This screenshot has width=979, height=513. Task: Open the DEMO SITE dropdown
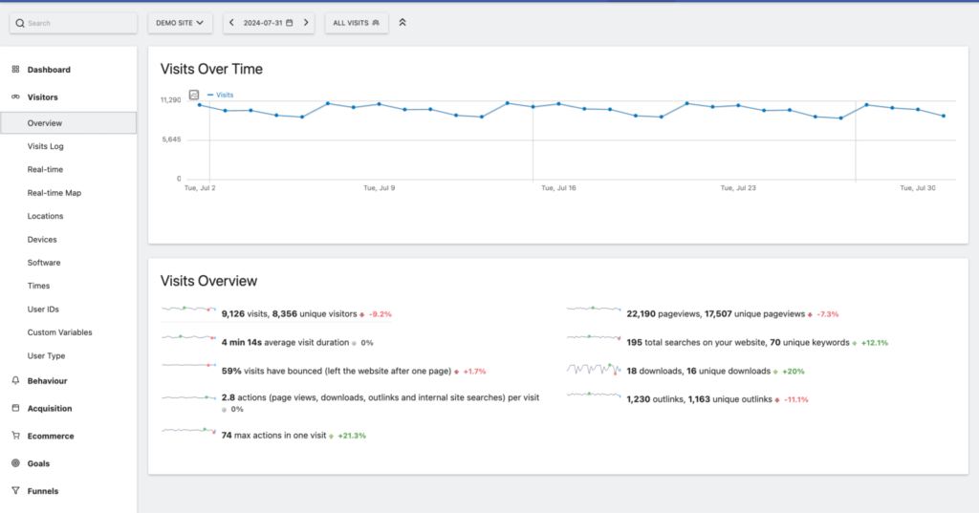click(180, 22)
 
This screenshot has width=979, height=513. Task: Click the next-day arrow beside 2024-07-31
click(305, 22)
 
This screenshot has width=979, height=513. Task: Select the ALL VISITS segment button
click(356, 22)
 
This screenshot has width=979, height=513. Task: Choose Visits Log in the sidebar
click(46, 146)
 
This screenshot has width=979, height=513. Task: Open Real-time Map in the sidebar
click(54, 193)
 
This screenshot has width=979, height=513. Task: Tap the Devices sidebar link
click(42, 240)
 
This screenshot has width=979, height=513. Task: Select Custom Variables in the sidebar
click(60, 332)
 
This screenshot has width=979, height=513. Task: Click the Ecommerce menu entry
click(50, 436)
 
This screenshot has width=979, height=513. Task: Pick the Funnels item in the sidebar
click(42, 491)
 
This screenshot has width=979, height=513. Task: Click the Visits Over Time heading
click(211, 69)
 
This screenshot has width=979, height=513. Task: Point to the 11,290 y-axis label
click(170, 99)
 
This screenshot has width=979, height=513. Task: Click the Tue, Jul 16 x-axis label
click(558, 188)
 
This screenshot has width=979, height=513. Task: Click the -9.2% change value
click(381, 313)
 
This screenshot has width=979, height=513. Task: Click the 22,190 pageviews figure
click(639, 313)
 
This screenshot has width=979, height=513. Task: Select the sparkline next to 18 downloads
click(593, 369)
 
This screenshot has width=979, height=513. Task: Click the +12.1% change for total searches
click(876, 342)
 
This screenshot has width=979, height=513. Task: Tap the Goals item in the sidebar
click(38, 463)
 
